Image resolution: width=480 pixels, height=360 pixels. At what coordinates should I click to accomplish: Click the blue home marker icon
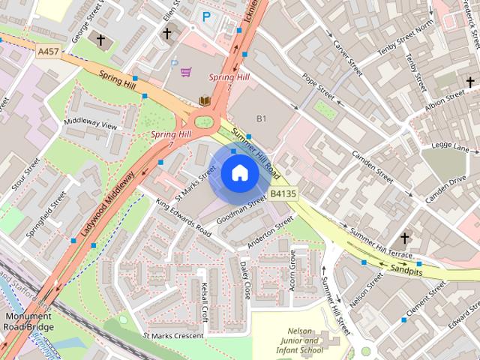pyautogui.click(x=239, y=173)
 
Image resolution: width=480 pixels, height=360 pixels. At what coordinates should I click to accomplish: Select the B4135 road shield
pyautogui.click(x=283, y=193)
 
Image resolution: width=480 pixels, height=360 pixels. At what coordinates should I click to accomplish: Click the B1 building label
pyautogui.click(x=261, y=118)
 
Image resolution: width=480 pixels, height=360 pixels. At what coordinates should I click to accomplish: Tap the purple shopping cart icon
pyautogui.click(x=185, y=72)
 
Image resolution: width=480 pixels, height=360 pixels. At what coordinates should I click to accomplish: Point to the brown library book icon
pyautogui.click(x=204, y=100)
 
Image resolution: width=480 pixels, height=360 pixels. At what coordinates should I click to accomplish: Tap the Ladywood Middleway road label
pyautogui.click(x=109, y=200)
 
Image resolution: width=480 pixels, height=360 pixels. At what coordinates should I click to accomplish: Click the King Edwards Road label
pyautogui.click(x=183, y=217)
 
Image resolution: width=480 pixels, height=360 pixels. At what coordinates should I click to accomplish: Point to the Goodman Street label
pyautogui.click(x=241, y=211)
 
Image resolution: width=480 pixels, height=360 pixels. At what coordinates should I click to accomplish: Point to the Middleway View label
pyautogui.click(x=91, y=123)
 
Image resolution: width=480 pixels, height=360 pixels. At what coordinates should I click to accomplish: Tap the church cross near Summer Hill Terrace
pyautogui.click(x=404, y=238)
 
